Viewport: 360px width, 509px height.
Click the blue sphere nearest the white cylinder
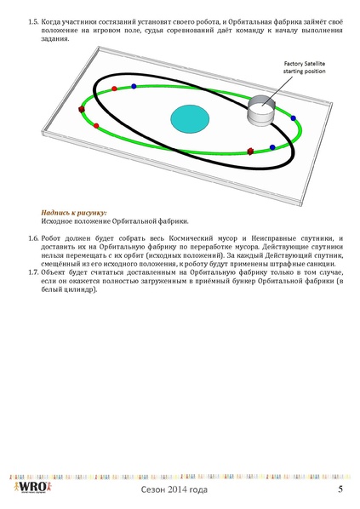coord(293,118)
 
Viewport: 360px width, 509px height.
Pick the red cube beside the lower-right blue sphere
coord(250,152)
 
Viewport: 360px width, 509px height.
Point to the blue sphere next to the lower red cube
coord(271,148)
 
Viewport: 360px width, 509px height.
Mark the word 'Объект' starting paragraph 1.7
coord(55,273)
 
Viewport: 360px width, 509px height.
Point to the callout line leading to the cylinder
coord(280,88)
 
